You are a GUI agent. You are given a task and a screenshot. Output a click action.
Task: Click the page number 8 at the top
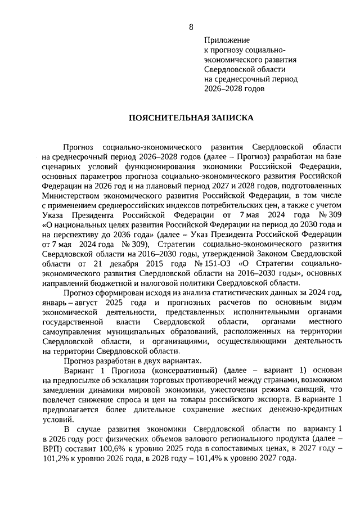(191, 27)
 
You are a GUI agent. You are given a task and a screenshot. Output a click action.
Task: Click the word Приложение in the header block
(226, 40)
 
